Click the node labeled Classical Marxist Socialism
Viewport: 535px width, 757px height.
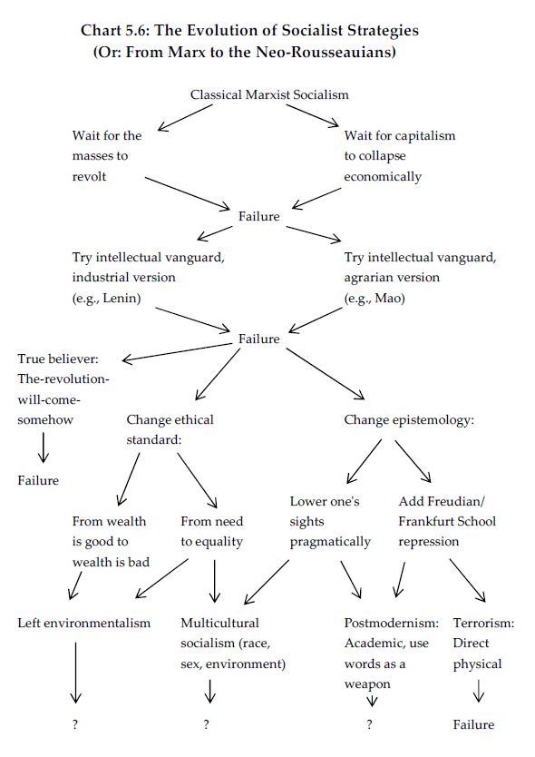[269, 94]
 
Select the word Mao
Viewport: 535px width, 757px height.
[388, 299]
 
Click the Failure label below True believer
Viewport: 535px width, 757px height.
[38, 480]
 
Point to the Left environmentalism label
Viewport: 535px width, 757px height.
[84, 623]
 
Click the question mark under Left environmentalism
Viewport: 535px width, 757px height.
[74, 724]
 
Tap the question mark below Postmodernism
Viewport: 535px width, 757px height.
[370, 724]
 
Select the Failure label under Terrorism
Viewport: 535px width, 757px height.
[473, 724]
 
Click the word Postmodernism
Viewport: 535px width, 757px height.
[391, 623]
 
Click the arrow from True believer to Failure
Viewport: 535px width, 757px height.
[44, 447]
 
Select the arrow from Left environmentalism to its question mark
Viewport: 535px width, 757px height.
[75, 673]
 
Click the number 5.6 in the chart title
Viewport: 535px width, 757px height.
[138, 31]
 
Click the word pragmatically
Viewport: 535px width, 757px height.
[330, 542]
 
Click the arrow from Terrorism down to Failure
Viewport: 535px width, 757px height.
[479, 691]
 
